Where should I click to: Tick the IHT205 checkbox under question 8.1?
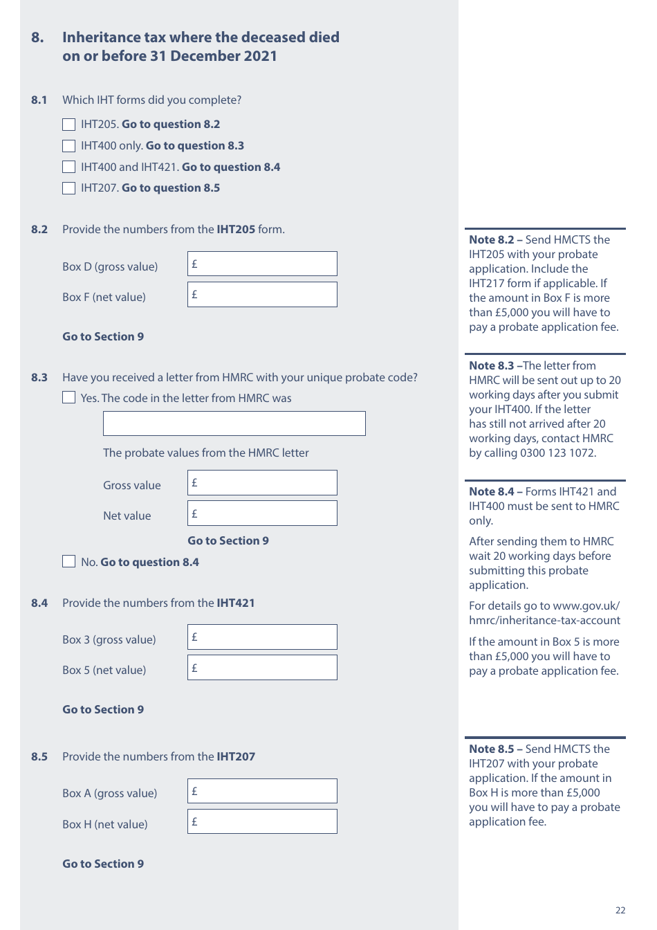pos(68,125)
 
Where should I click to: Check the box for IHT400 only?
pos(68,146)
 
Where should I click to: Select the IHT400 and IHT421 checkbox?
pos(68,167)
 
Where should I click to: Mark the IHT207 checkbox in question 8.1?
pos(68,188)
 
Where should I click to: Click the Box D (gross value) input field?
pos(262,264)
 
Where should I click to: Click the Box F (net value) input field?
pos(262,295)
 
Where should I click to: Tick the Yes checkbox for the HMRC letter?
pos(68,397)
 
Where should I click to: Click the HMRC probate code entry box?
pos(234,423)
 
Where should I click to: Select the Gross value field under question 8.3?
pos(262,483)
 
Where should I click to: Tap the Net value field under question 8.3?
pos(262,513)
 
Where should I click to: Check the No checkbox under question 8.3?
pos(68,561)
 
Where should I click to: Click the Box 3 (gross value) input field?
pos(262,637)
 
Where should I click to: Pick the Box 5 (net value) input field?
pos(262,668)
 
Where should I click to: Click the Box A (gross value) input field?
pos(262,792)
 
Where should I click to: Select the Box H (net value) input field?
pos(262,822)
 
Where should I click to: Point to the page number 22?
pos(620,911)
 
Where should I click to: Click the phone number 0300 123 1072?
pos(557,453)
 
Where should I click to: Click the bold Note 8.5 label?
pos(492,749)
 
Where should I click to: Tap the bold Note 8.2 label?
pos(492,240)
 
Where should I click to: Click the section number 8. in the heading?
pos(37,37)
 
